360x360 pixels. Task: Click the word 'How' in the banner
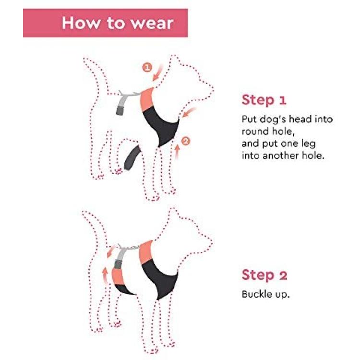point(81,23)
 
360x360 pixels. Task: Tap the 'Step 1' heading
point(264,100)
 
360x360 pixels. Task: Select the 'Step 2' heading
point(264,275)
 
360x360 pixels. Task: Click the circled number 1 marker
point(147,68)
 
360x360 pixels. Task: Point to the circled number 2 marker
point(185,141)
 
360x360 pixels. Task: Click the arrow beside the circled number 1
point(158,72)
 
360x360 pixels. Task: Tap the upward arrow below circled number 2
point(177,152)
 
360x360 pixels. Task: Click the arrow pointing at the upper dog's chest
point(189,112)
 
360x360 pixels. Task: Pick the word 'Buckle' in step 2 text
point(255,294)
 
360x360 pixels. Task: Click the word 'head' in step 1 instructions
point(300,119)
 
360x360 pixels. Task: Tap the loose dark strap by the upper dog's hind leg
point(132,158)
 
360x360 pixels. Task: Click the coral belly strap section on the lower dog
point(118,276)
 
